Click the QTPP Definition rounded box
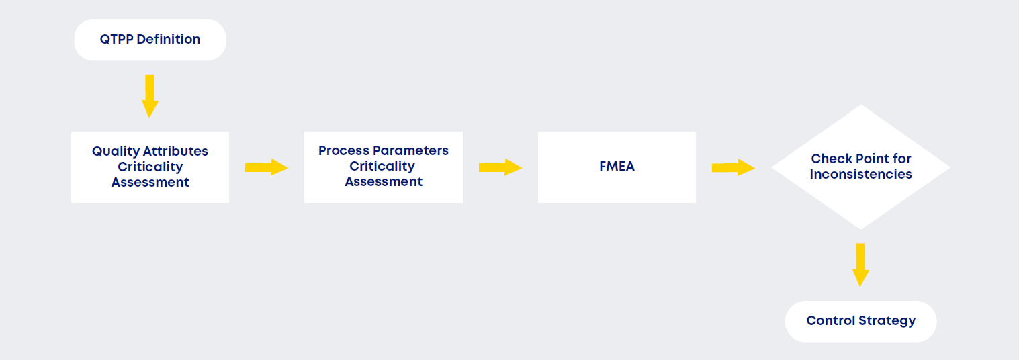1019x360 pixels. [x=150, y=40]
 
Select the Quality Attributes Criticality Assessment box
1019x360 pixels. [x=150, y=167]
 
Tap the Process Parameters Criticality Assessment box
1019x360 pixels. [x=383, y=167]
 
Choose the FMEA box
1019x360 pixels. [x=617, y=167]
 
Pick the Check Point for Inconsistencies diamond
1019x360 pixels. [x=860, y=167]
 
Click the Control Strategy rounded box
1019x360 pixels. [x=860, y=321]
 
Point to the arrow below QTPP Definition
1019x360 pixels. [x=150, y=95]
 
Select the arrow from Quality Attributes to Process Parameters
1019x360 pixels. [x=266, y=167]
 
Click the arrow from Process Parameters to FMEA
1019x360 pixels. [x=500, y=167]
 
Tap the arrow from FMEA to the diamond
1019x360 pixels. [x=733, y=167]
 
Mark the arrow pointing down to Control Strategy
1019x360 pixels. [x=860, y=265]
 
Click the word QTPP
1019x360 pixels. [x=116, y=40]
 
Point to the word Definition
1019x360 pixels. [x=168, y=40]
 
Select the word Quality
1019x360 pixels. [x=114, y=151]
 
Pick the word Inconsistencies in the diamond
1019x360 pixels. [x=860, y=175]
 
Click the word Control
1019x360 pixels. [x=831, y=321]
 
